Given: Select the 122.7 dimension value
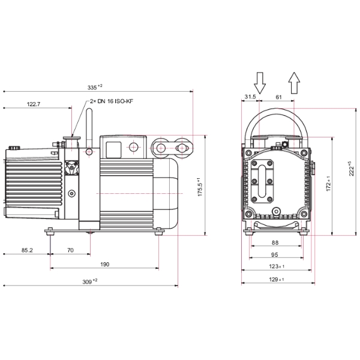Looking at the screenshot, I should pyautogui.click(x=34, y=104).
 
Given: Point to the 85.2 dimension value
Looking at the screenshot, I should pyautogui.click(x=26, y=250).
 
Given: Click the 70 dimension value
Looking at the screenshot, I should pyautogui.click(x=70, y=250).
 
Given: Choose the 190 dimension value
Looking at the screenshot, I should pyautogui.click(x=104, y=265).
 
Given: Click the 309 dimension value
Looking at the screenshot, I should pyautogui.click(x=89, y=281).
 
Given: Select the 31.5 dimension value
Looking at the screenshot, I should pyautogui.click(x=250, y=96).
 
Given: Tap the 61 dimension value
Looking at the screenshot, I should pyautogui.click(x=278, y=96).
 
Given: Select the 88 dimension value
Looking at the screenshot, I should pyautogui.click(x=275, y=242).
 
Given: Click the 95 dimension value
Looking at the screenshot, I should pyautogui.click(x=275, y=254).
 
